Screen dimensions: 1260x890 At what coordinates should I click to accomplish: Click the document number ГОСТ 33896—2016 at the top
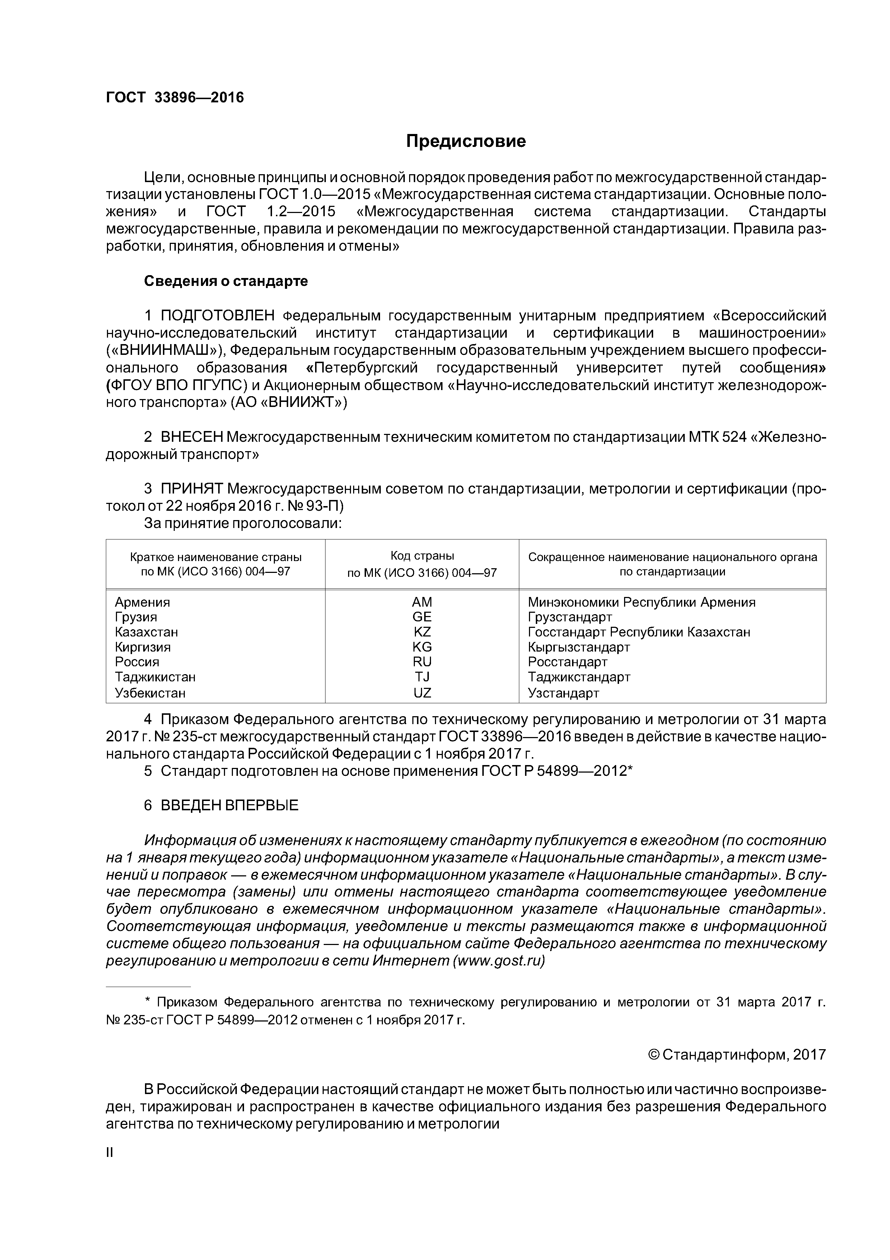tap(174, 98)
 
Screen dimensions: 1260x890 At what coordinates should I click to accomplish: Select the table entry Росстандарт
tap(568, 662)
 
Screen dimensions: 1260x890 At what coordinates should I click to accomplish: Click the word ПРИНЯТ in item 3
tap(191, 488)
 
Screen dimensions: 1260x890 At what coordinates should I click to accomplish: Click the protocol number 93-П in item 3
tap(325, 505)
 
